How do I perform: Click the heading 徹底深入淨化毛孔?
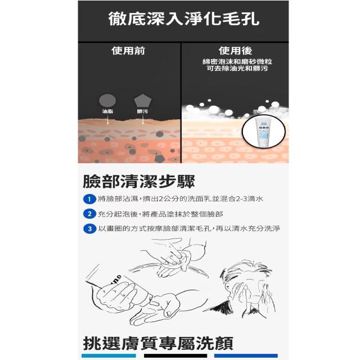click(184, 19)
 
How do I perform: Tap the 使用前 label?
click(128, 51)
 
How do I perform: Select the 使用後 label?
click(235, 51)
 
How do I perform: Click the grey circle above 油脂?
click(107, 101)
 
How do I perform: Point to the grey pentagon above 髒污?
click(142, 101)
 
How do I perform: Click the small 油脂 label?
click(107, 111)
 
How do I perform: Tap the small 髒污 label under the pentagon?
click(142, 111)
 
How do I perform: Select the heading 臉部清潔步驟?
click(139, 181)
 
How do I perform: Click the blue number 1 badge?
click(89, 199)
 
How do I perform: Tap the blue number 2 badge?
click(89, 214)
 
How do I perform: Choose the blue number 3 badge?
click(89, 229)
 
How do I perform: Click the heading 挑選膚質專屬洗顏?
click(158, 343)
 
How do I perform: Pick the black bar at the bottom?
click(175, 355)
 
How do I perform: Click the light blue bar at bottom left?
click(109, 355)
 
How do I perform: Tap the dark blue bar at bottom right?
click(246, 355)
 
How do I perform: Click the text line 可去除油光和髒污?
click(237, 69)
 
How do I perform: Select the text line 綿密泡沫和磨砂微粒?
click(237, 61)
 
